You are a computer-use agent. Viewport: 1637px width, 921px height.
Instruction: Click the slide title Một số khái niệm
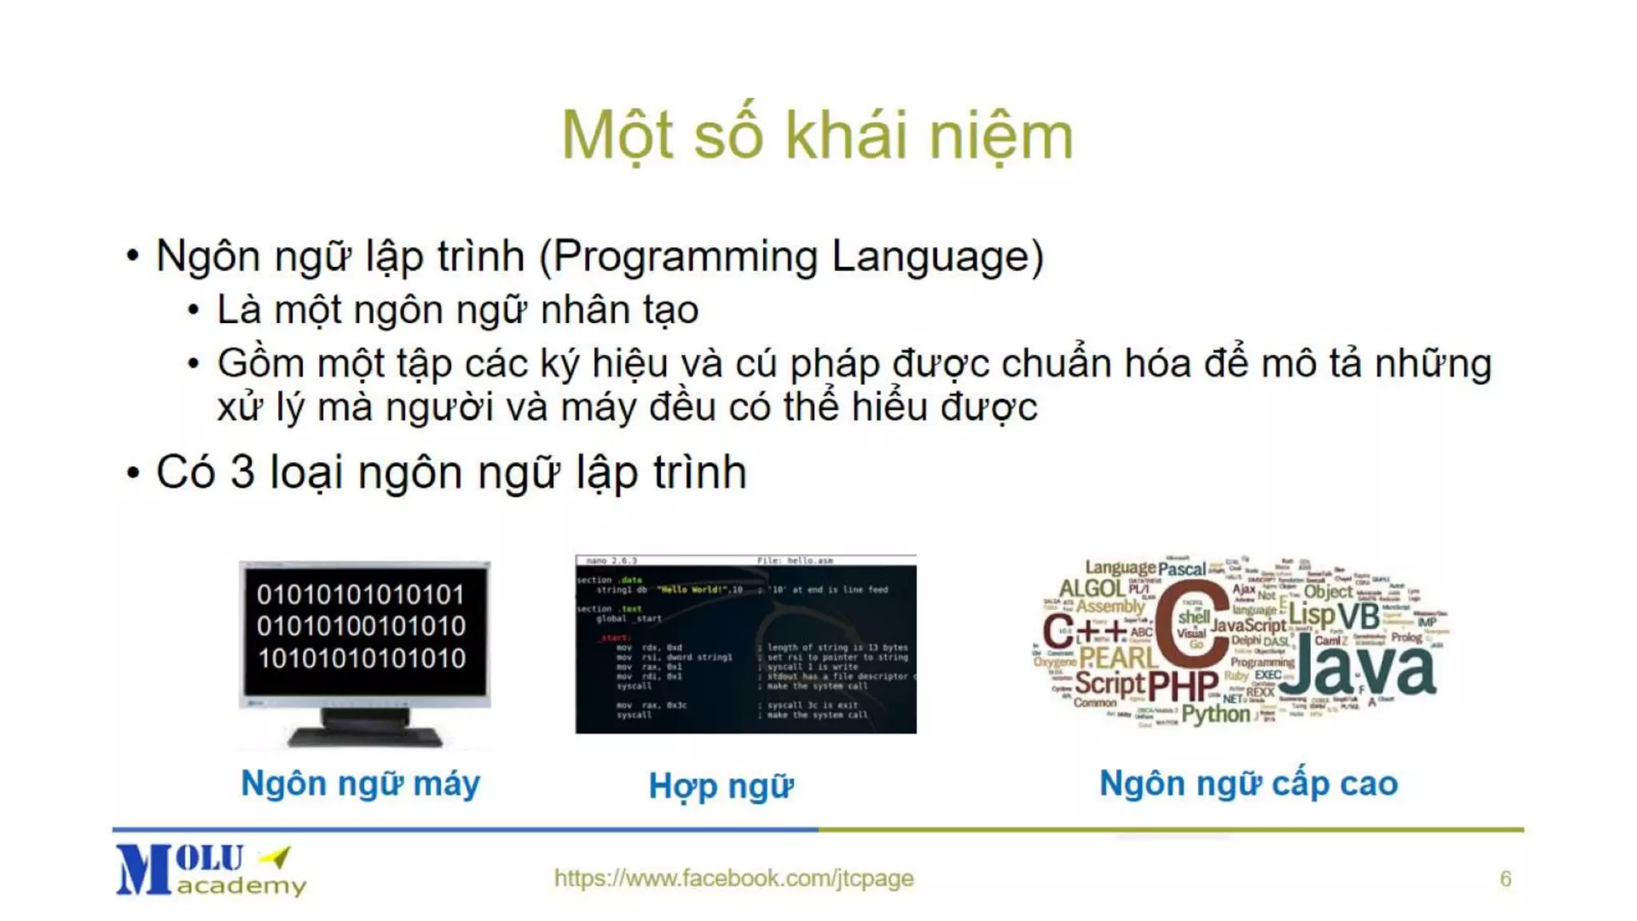coord(817,136)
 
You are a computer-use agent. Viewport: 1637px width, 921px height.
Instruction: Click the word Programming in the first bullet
coord(686,257)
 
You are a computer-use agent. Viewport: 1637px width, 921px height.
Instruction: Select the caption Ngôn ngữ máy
coord(360,783)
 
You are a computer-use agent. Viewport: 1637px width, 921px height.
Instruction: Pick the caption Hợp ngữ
coord(721,786)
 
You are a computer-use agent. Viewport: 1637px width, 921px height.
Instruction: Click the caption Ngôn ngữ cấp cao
coord(1249,783)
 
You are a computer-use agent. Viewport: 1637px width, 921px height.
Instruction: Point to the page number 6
coord(1505,879)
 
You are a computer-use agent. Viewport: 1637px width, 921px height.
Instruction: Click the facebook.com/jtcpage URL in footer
coord(733,878)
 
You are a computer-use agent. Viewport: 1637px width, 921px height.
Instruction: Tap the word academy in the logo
coord(241,886)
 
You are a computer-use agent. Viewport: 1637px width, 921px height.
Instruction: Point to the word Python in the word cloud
coord(1215,713)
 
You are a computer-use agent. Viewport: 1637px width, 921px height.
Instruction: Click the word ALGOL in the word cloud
coord(1092,588)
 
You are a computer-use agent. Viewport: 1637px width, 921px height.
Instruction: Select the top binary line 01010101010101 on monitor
coord(360,595)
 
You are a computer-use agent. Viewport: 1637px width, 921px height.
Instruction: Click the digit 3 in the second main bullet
coord(242,472)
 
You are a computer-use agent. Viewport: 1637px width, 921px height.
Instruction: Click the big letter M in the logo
coord(144,870)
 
